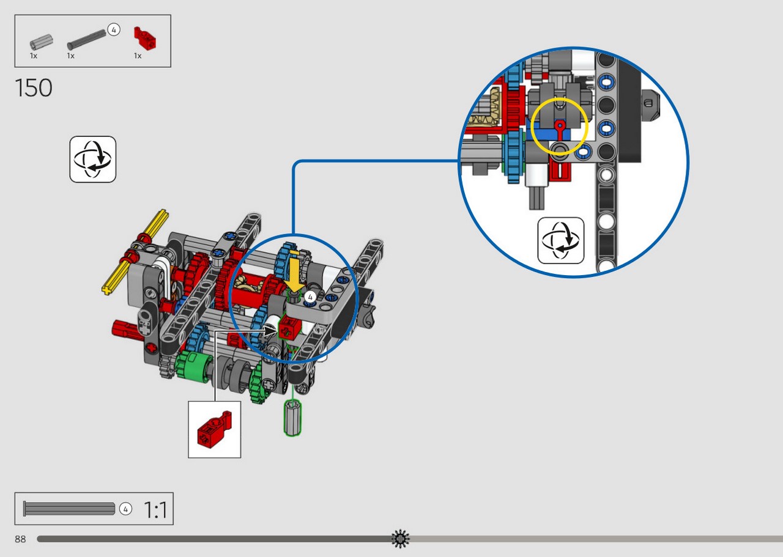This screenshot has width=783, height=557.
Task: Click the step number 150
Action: point(34,87)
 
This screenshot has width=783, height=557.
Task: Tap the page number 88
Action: point(20,539)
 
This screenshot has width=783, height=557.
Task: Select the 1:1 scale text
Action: point(155,510)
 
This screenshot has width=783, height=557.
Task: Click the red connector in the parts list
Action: point(145,39)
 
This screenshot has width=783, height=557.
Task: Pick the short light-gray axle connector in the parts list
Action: point(41,42)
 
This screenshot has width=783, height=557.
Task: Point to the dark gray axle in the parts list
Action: point(86,40)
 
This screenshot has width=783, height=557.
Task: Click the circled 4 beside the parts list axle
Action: point(114,30)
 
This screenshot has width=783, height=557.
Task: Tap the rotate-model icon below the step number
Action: point(92,160)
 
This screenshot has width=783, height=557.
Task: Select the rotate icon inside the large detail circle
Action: point(561,240)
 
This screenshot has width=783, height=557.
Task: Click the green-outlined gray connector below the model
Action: point(292,418)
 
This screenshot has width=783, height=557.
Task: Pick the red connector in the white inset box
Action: point(213,429)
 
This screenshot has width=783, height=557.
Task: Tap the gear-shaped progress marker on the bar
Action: point(401,539)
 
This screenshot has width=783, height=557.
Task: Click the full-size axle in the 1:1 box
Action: point(69,509)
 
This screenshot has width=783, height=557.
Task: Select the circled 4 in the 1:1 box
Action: point(125,509)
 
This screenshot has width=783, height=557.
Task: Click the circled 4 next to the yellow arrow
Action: point(310,297)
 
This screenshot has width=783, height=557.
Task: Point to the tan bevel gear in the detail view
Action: point(486,108)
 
